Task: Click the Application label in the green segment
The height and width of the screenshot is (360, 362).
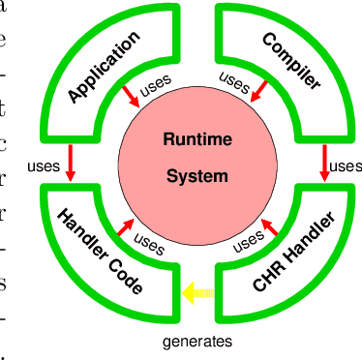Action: [105, 66]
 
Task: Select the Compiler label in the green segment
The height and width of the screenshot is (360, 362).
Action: [291, 61]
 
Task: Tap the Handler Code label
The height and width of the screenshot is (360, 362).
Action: [101, 251]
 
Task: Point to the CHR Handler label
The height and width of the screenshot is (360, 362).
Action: [294, 255]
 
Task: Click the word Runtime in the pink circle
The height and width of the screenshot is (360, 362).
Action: [196, 139]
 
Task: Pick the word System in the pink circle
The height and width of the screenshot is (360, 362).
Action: [196, 176]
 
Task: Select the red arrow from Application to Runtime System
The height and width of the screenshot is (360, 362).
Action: [128, 95]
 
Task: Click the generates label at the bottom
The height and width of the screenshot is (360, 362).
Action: [196, 341]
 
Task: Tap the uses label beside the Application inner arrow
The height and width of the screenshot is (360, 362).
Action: [156, 86]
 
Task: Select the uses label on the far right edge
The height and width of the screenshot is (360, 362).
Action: [347, 166]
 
